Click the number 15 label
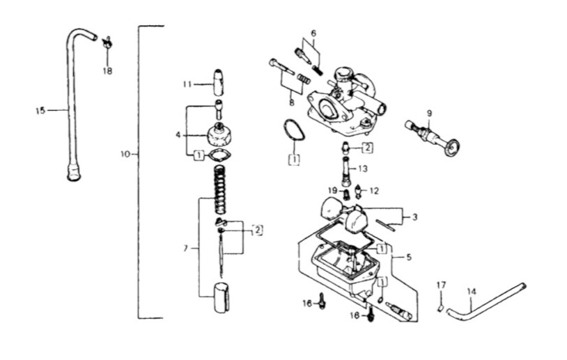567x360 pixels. tap(40, 111)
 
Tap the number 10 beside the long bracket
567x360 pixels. tap(125, 155)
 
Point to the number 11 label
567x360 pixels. tap(187, 84)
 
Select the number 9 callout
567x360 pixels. tap(429, 113)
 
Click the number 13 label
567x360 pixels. tap(363, 169)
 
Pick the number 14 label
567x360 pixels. tap(472, 291)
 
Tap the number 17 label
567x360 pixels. tap(441, 285)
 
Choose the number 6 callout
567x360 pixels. tap(313, 33)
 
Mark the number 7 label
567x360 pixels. tap(186, 249)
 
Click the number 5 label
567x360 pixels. tap(409, 258)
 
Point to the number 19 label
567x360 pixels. tap(333, 191)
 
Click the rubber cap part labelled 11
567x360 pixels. tap(219, 82)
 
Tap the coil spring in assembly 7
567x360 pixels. tap(220, 189)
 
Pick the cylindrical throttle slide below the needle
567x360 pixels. tap(222, 297)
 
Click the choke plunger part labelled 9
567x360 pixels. tap(433, 138)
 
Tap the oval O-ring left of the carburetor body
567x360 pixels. tap(294, 130)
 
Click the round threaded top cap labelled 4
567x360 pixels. tap(218, 135)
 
